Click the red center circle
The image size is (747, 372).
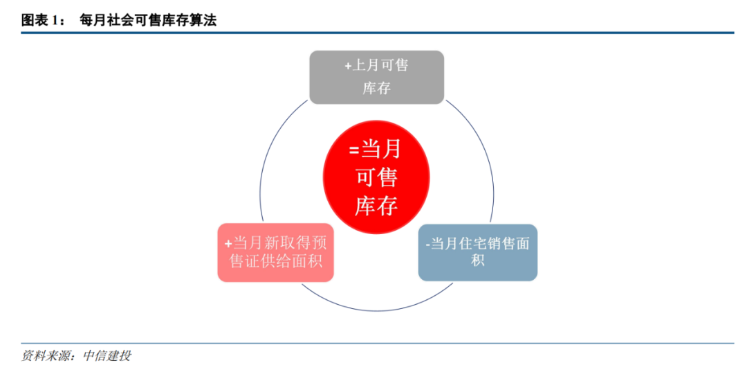pyautogui.click(x=376, y=178)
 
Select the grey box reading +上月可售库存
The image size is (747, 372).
pyautogui.click(x=376, y=77)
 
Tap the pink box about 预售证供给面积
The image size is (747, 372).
pyautogui.click(x=275, y=252)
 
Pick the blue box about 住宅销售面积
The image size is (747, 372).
pyautogui.click(x=477, y=252)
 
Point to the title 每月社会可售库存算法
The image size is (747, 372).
pyautogui.click(x=148, y=21)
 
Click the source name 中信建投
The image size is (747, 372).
pyautogui.click(x=107, y=356)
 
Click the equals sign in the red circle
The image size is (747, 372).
pyautogui.click(x=353, y=150)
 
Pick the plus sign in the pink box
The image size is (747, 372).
pyautogui.click(x=228, y=244)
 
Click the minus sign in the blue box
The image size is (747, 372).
pyautogui.click(x=427, y=245)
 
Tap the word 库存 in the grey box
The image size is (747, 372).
pyautogui.click(x=376, y=89)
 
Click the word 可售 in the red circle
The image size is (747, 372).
pyautogui.click(x=376, y=178)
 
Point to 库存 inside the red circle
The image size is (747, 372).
pyautogui.click(x=376, y=206)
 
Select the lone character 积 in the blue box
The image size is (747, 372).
pyautogui.click(x=477, y=260)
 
